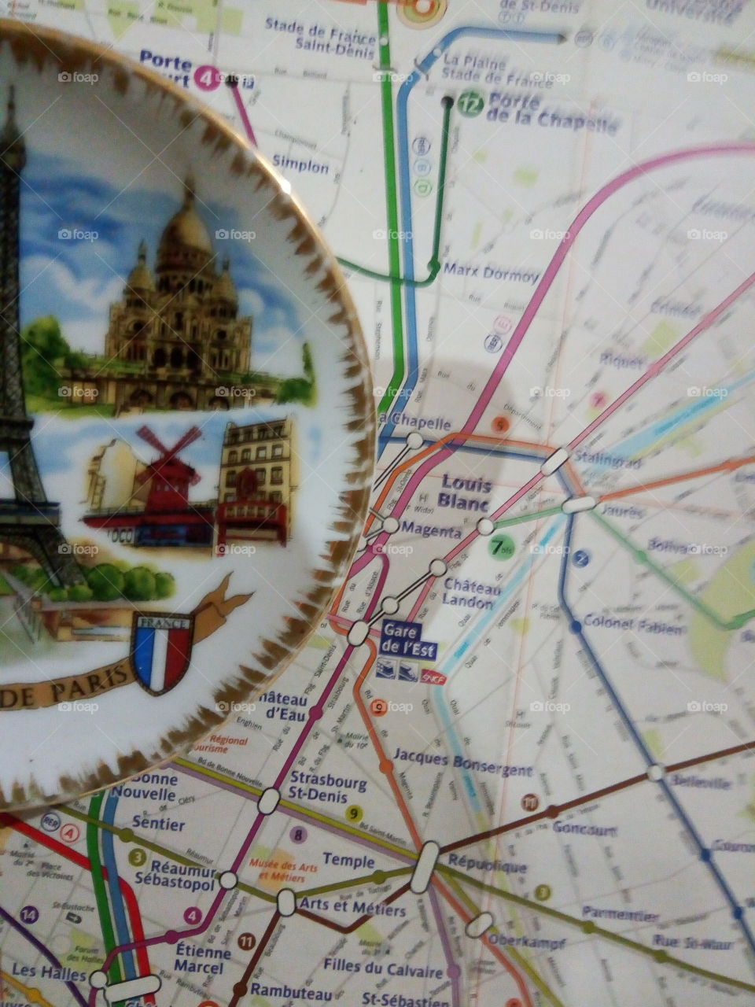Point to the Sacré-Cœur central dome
[187, 228]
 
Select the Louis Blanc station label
[466, 492]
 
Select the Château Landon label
[472, 594]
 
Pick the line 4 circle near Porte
[207, 78]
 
